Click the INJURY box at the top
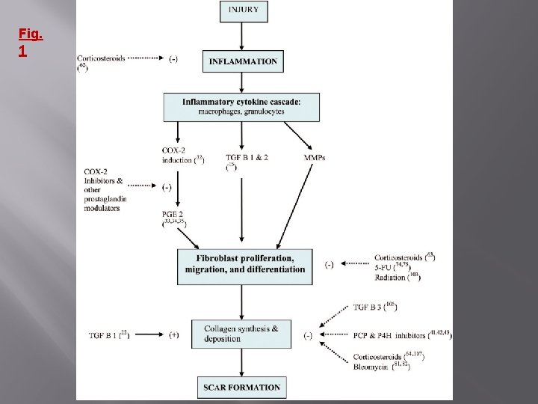(243, 11)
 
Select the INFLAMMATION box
(243, 61)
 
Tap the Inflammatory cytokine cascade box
(241, 107)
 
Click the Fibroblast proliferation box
(242, 264)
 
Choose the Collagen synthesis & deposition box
(241, 334)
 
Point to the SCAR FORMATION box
(241, 387)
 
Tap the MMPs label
(314, 158)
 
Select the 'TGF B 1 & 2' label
(247, 158)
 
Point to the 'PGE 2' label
(171, 215)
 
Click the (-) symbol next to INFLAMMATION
(174, 58)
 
